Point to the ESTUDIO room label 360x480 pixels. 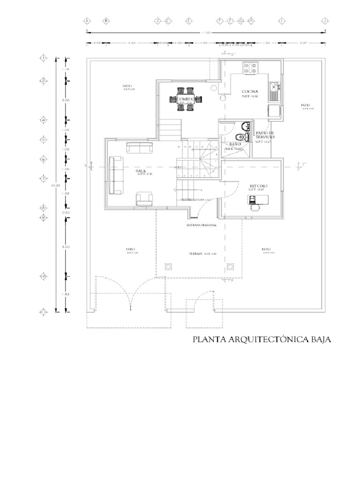point(258,186)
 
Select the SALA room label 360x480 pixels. point(141,172)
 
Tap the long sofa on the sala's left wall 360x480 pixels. point(114,175)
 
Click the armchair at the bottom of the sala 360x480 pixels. point(143,198)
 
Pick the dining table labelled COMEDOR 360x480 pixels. point(186,99)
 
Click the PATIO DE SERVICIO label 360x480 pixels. point(265,136)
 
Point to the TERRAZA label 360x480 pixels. point(196,253)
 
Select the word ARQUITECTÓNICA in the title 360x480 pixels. point(263,339)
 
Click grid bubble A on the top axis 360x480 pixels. point(87,21)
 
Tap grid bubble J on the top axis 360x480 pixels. point(324,21)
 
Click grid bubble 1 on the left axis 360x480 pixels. point(43,58)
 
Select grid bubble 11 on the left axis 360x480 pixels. point(43,311)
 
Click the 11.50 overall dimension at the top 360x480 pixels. point(205,32)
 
